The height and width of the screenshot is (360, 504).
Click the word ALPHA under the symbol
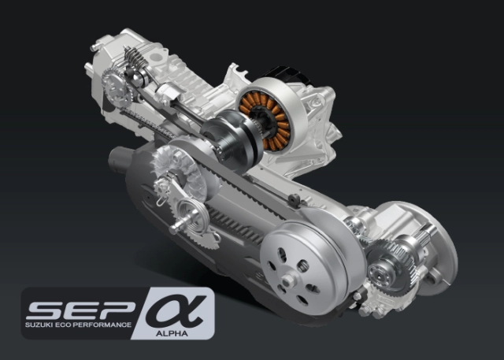click(x=172, y=333)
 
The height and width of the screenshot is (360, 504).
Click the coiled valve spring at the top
click(x=133, y=58)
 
